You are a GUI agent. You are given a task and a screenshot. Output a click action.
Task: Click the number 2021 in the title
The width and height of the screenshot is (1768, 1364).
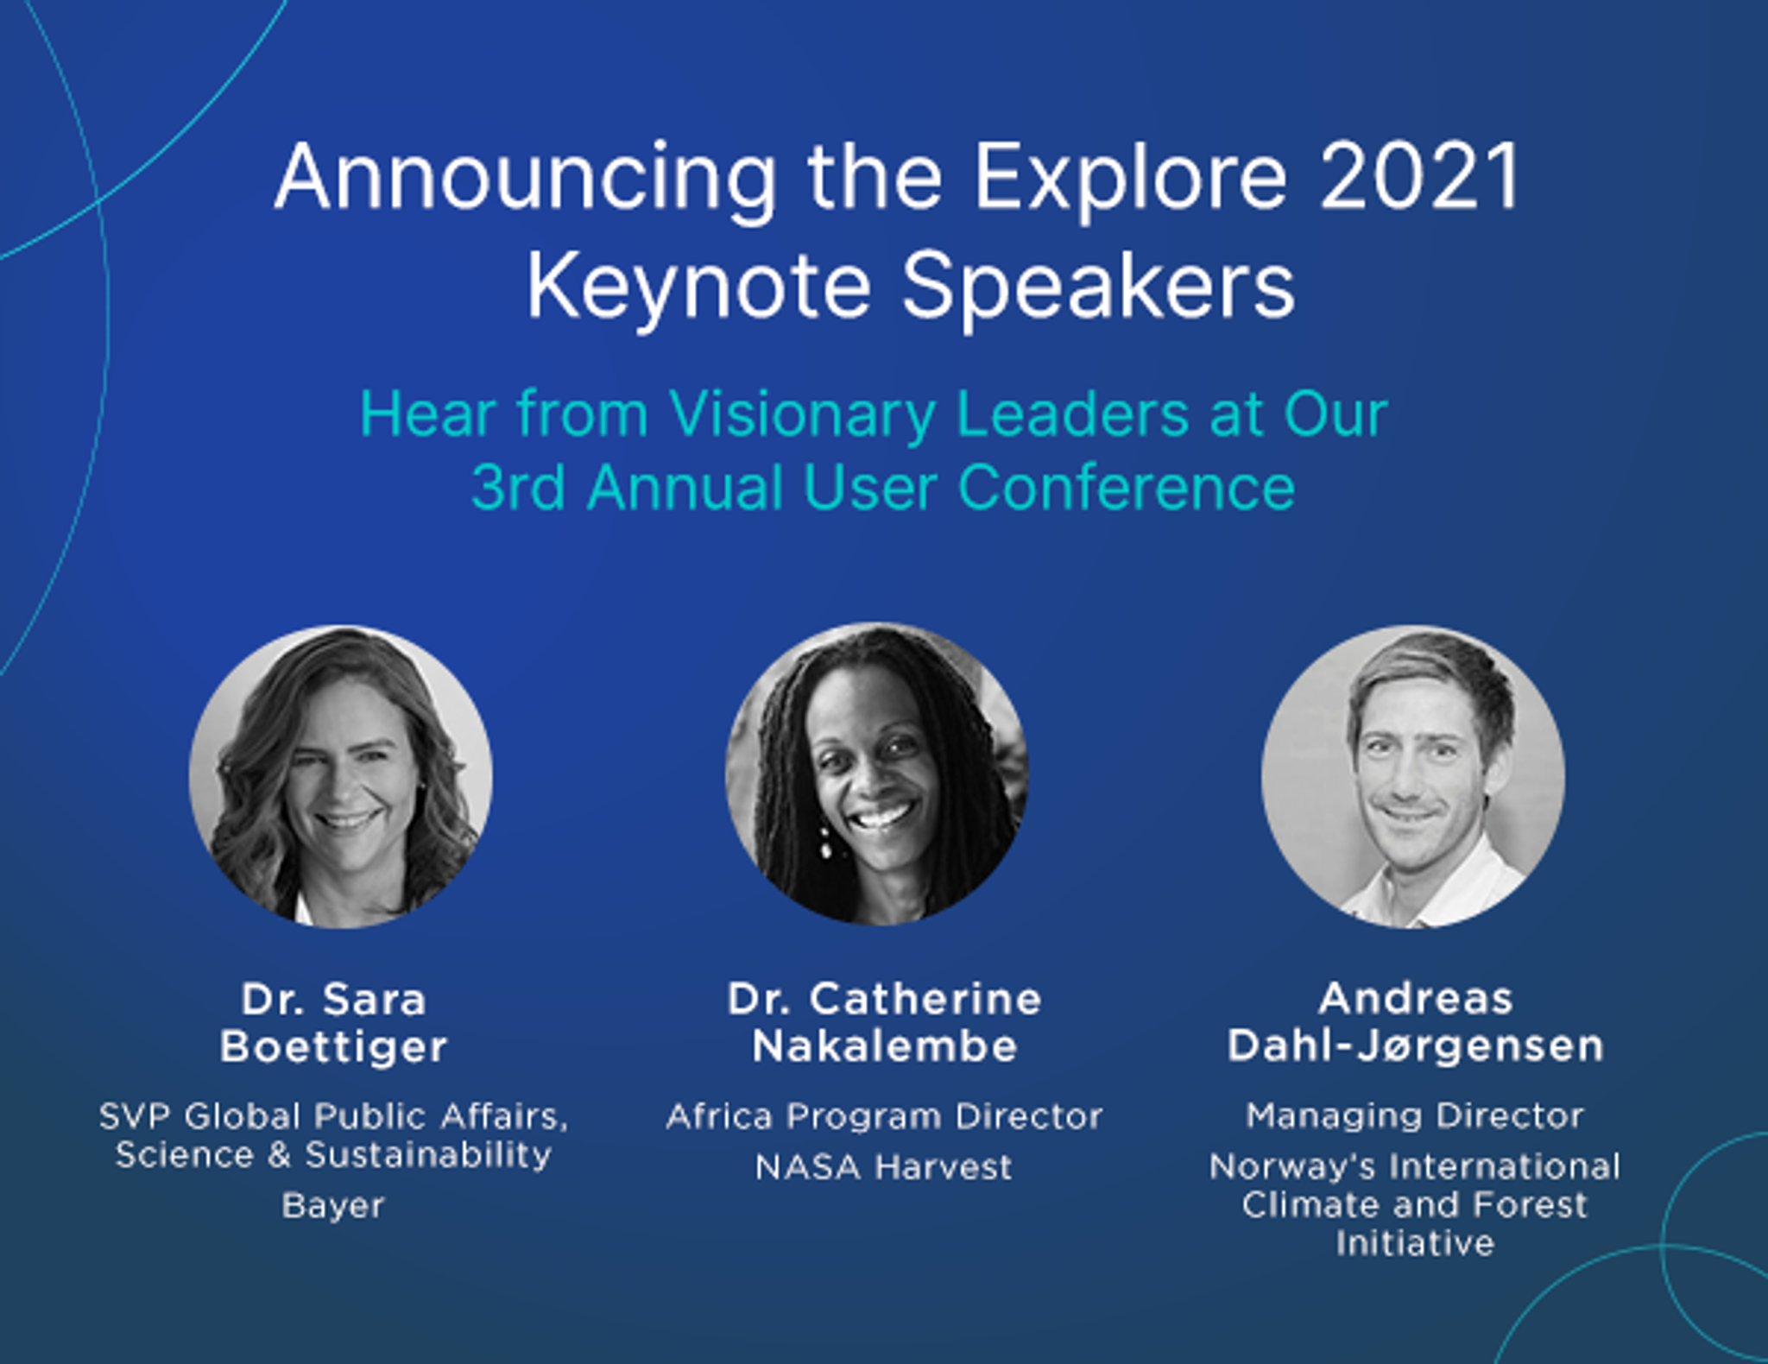coord(1419,178)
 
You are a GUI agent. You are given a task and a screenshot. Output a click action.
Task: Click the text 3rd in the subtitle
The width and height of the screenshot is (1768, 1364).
coord(518,488)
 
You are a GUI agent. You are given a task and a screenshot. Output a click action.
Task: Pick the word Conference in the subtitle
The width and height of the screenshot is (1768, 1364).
coord(1127,488)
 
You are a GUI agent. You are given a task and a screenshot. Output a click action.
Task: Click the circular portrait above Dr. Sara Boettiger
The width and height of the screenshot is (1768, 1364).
coord(340,776)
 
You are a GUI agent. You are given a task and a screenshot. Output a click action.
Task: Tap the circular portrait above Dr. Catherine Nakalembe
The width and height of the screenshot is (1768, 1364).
coord(876,774)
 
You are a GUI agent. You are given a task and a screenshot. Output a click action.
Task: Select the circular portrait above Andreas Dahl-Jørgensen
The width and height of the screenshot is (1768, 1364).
coord(1413,776)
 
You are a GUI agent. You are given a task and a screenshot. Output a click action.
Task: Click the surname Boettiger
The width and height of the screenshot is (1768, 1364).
coord(334,1047)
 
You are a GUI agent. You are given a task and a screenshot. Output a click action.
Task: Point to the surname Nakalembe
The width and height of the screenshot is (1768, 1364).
coord(885,1046)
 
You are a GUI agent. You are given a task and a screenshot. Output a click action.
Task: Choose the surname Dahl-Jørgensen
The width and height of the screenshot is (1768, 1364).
coord(1416,1047)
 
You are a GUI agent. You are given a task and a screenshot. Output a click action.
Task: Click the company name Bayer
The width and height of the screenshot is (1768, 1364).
coord(333,1206)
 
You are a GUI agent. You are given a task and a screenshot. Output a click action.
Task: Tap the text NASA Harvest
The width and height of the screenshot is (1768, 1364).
coord(883,1168)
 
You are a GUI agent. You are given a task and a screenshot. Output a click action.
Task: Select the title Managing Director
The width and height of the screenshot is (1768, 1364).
coord(1415,1117)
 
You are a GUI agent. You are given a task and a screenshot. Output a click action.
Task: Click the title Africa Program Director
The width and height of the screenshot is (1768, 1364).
coord(885,1117)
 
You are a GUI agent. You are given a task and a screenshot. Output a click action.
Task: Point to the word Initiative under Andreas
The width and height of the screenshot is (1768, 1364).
coord(1415,1244)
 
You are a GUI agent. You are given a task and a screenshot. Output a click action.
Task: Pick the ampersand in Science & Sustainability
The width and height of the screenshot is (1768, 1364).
coord(279,1156)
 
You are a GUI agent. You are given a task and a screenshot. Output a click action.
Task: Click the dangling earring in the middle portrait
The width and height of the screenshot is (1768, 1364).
coord(826,843)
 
